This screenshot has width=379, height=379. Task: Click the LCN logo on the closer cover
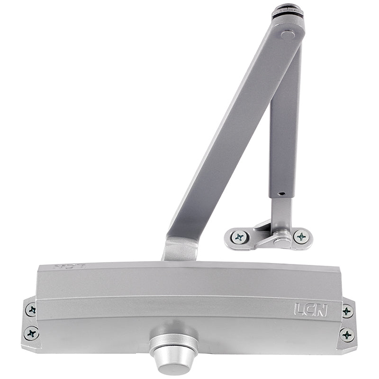(311, 310)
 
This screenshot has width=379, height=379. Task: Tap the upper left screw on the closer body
(31, 310)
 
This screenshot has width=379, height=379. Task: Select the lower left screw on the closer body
(32, 334)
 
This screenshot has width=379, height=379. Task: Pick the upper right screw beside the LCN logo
(348, 311)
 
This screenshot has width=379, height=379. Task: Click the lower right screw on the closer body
(347, 334)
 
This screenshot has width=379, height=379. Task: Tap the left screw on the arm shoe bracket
(239, 236)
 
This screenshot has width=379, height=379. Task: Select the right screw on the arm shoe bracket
(301, 236)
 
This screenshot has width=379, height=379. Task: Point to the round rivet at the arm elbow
(288, 35)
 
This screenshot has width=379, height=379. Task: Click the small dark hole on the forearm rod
(281, 194)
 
